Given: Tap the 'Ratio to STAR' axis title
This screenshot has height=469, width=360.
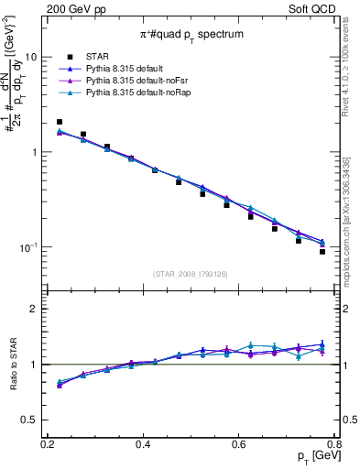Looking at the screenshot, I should (13, 365).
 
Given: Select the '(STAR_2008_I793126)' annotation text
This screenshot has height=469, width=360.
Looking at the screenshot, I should (191, 274).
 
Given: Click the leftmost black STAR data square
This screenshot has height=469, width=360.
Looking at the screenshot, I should (60, 122).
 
